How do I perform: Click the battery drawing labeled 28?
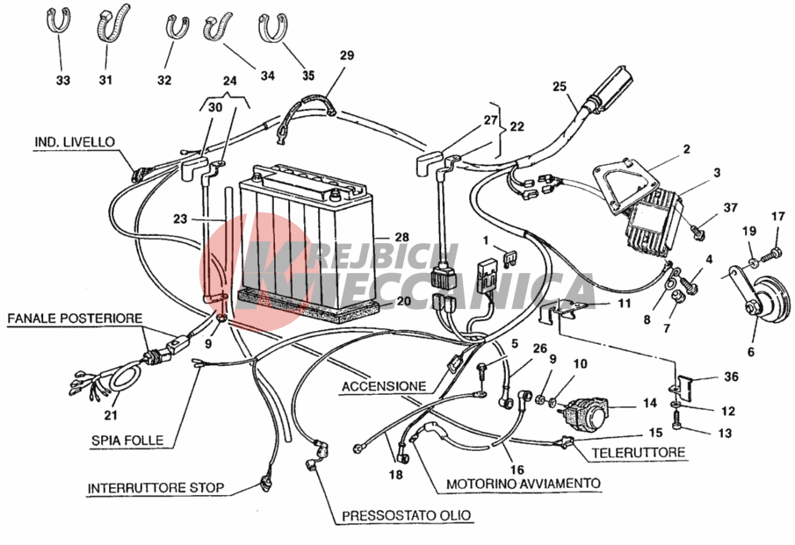pos(307,238)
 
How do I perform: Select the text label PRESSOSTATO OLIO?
pos(407,516)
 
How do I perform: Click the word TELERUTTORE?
pos(639,452)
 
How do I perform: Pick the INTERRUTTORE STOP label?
pos(155,488)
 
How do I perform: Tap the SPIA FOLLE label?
pos(127,441)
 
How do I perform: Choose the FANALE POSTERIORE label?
pos(75,319)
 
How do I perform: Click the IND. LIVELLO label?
pos(75,142)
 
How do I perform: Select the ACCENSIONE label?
pos(384,386)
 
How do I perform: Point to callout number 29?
pos(347,55)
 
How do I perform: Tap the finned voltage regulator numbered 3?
pos(654,222)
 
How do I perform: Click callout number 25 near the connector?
pos(560,87)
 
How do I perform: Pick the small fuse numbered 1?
pos(509,258)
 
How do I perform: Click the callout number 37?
pos(730,207)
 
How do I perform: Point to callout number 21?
pos(111,415)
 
